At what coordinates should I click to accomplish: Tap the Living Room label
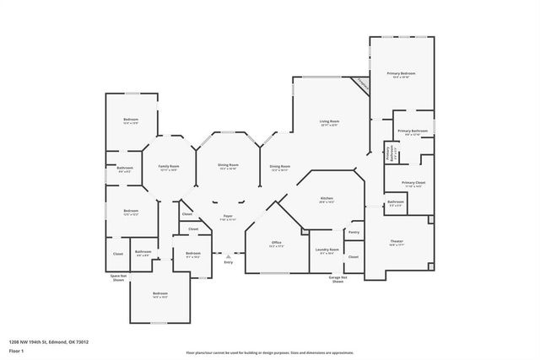coord(328,123)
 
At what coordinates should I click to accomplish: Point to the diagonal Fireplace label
coord(362,84)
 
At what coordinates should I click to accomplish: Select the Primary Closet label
coord(413,184)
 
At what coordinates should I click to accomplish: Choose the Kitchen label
coord(327,200)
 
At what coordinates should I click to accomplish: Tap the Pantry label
coord(354,232)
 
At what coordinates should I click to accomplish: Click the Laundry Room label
coord(327,250)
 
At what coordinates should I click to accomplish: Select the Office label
coord(276,244)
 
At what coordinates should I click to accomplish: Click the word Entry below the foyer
coord(228,262)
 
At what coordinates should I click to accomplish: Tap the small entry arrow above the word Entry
coord(228,255)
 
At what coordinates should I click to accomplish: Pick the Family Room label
coord(170,167)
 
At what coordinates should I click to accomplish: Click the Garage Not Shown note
coord(337,280)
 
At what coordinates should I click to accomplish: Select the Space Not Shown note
coord(117,277)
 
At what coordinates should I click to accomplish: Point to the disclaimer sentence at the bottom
coord(269,353)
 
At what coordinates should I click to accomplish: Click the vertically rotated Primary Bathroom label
coord(387,153)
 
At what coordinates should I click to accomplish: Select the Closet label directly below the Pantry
coord(354,256)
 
